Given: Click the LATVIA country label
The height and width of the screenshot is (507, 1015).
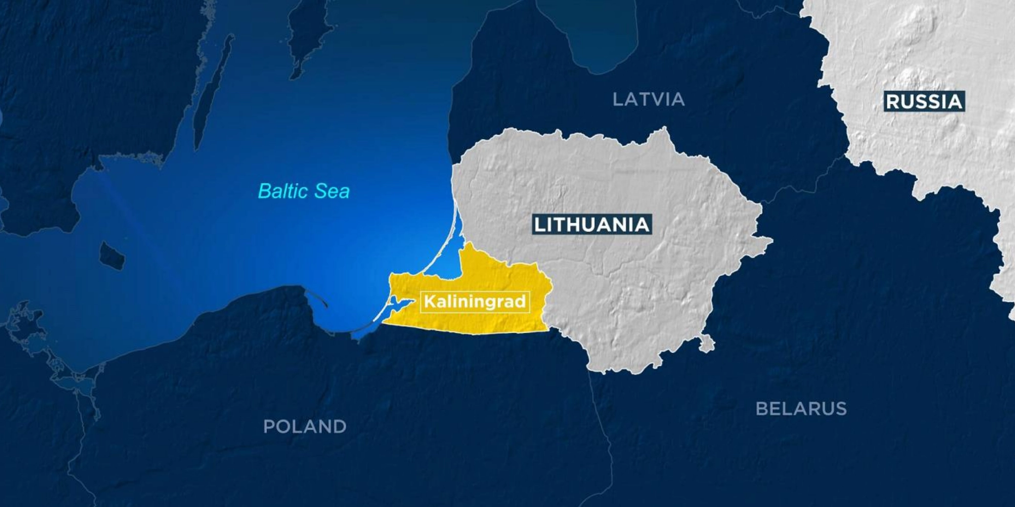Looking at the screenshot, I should pyautogui.click(x=648, y=99).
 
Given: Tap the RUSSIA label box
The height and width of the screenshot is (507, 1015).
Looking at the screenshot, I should pyautogui.click(x=924, y=101).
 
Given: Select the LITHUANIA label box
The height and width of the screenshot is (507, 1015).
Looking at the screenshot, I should pyautogui.click(x=592, y=225).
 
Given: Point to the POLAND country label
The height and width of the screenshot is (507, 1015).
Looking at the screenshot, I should pyautogui.click(x=305, y=427).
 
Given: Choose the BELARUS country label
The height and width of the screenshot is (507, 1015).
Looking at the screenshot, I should pyautogui.click(x=801, y=409).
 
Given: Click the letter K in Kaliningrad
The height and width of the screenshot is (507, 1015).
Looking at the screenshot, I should pyautogui.click(x=429, y=301).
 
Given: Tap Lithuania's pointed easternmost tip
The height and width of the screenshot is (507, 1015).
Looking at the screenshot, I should pyautogui.click(x=771, y=240).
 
